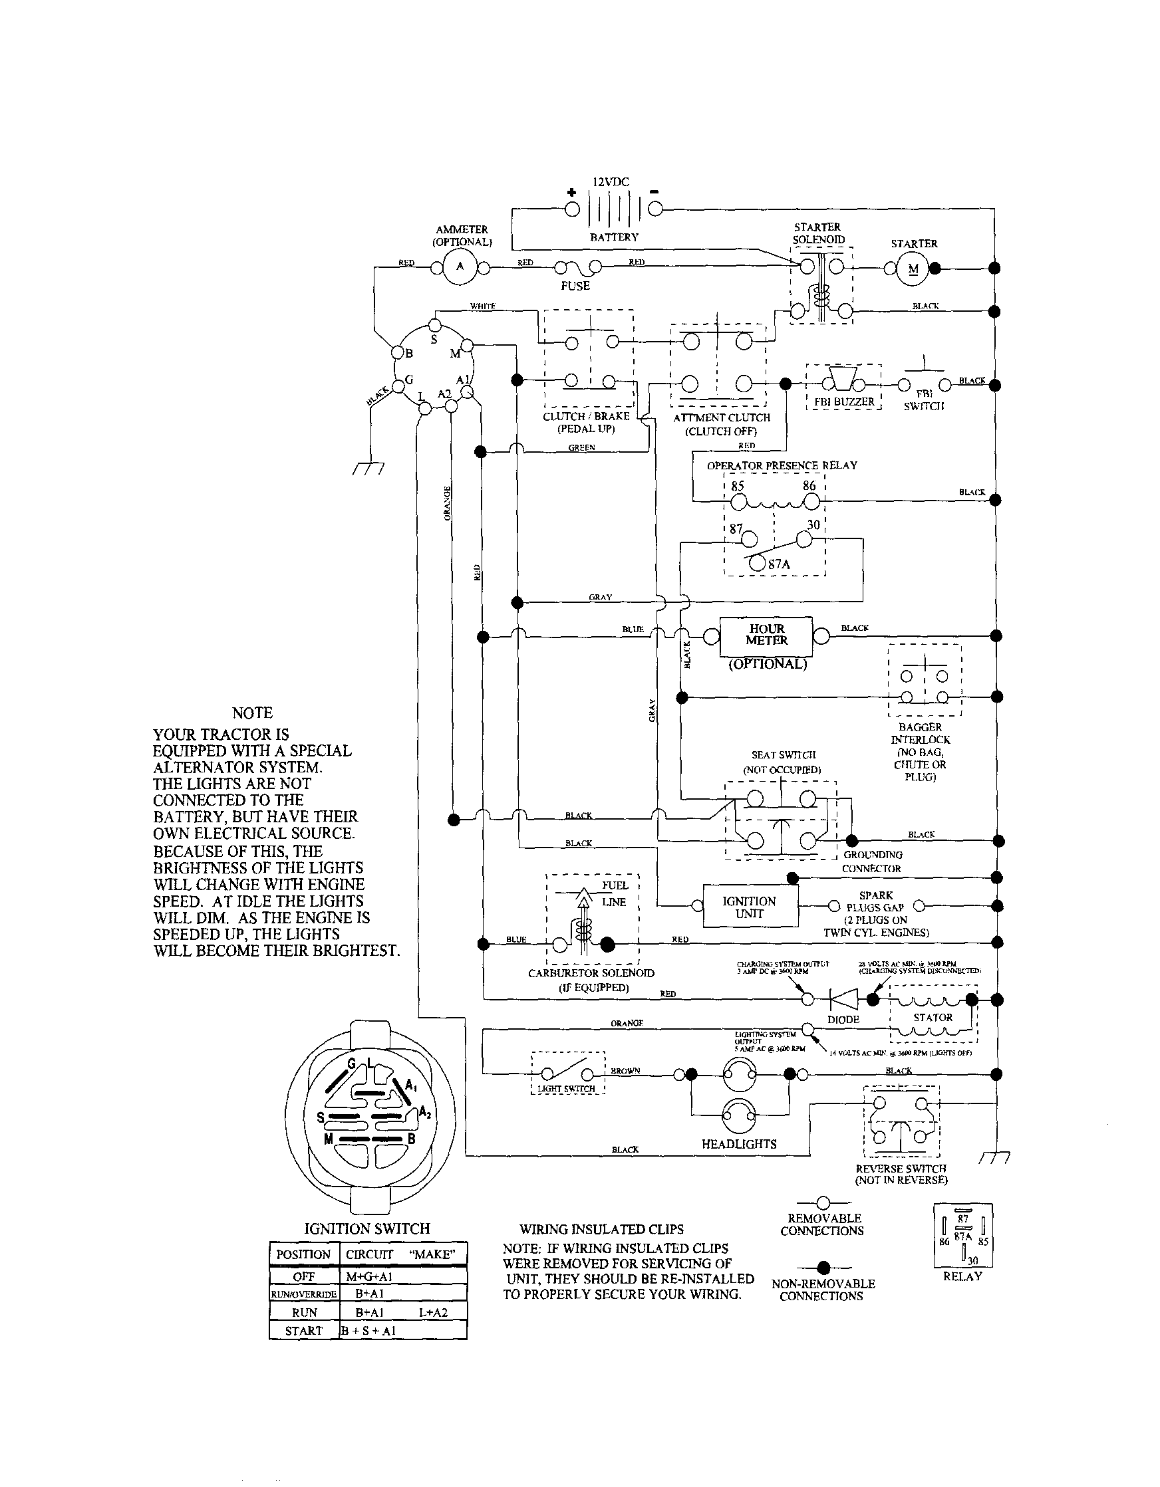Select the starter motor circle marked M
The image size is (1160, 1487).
[913, 269]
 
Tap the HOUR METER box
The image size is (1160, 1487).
[766, 635]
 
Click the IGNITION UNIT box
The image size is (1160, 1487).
[749, 907]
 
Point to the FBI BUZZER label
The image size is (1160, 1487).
[844, 401]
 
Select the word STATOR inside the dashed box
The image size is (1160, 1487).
[933, 1017]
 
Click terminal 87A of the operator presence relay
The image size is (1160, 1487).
[757, 563]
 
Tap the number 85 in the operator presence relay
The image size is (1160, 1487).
[738, 486]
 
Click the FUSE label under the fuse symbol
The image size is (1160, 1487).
[575, 286]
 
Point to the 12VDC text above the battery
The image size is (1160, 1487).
[611, 183]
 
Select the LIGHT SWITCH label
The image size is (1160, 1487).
[566, 1088]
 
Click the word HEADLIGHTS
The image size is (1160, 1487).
[739, 1144]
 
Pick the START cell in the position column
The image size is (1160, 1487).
[303, 1330]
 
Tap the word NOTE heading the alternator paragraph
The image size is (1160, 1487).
[252, 713]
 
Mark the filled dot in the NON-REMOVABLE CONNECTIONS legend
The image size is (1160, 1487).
[823, 1267]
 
